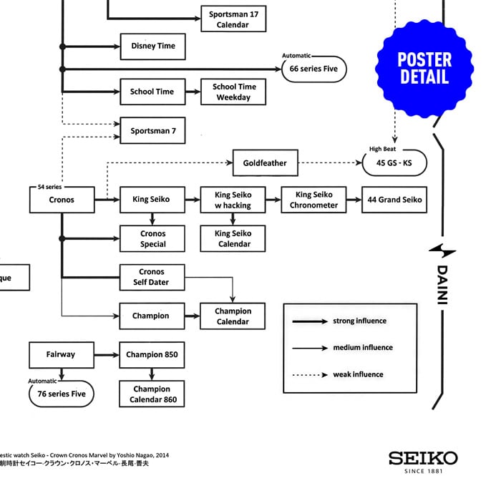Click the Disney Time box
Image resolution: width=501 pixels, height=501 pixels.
tap(152, 46)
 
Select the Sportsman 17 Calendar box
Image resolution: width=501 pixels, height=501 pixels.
tap(233, 19)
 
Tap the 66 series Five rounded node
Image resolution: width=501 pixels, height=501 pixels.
tap(313, 69)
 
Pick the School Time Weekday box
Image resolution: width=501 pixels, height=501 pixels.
tap(233, 92)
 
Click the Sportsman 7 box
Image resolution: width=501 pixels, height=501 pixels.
tap(152, 131)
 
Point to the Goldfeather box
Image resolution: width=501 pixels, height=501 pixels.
tap(264, 162)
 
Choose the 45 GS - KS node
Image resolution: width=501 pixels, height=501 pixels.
tap(391, 163)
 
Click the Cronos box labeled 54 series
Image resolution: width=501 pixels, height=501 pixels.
tap(62, 200)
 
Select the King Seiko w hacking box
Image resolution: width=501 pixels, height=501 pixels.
tap(233, 200)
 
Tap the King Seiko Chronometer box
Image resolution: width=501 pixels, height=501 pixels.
tap(313, 200)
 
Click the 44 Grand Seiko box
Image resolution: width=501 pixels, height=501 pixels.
tap(394, 200)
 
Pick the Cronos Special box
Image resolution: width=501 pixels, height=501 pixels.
tap(152, 239)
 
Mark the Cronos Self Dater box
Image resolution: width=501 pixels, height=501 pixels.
tap(152, 277)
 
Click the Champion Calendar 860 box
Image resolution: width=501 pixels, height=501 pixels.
tap(152, 394)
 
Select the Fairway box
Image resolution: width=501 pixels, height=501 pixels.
tap(61, 354)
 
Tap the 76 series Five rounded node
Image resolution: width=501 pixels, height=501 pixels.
tap(61, 394)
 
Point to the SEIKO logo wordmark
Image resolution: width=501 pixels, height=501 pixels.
tap(423, 458)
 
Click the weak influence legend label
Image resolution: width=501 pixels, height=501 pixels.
tap(358, 374)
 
